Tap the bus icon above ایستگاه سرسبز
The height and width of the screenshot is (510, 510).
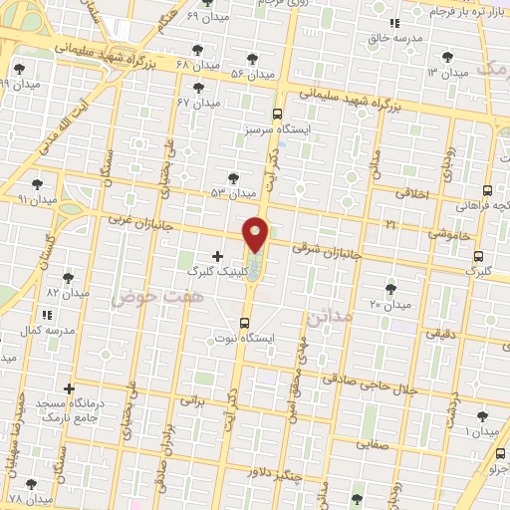tap(277, 114)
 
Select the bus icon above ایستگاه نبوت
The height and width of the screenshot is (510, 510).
tap(244, 322)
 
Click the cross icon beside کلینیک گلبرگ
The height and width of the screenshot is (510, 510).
tap(217, 256)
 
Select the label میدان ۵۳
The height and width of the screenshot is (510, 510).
tap(231, 191)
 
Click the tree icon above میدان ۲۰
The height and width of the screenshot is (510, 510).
tap(390, 288)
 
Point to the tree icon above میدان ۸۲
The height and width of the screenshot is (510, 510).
tap(68, 278)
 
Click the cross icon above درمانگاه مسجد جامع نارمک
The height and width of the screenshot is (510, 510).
tap(69, 388)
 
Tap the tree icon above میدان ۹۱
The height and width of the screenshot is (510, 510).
tap(37, 184)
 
